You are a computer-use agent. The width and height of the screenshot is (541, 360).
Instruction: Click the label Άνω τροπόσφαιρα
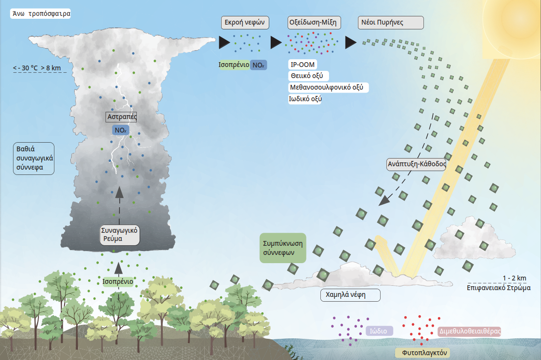click(x=40, y=13)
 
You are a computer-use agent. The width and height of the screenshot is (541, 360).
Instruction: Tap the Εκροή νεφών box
click(x=245, y=23)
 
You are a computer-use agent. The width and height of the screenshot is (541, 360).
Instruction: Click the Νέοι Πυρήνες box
click(x=391, y=23)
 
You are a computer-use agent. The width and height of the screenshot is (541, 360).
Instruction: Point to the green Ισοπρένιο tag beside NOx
click(x=234, y=65)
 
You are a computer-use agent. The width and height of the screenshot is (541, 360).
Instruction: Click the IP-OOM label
click(x=303, y=65)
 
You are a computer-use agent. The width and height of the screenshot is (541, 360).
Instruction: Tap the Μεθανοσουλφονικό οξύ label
click(x=329, y=87)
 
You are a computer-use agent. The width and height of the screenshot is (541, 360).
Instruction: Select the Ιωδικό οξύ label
click(x=306, y=99)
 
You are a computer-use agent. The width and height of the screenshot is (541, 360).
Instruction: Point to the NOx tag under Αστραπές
click(x=119, y=129)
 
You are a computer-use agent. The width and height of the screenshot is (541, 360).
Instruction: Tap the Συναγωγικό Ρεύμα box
click(x=119, y=235)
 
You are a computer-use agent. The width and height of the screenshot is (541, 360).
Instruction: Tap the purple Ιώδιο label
click(x=380, y=331)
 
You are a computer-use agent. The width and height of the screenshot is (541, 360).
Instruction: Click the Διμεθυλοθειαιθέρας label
click(x=469, y=332)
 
